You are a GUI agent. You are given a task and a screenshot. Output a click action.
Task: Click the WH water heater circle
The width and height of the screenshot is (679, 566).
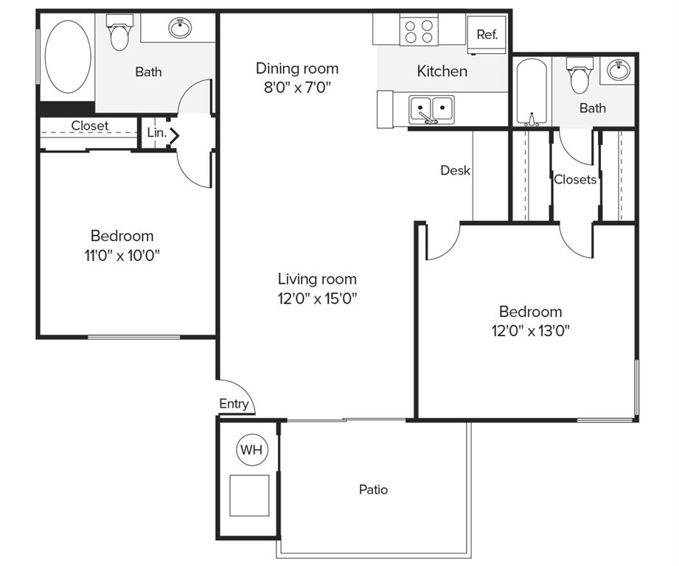[x=252, y=450]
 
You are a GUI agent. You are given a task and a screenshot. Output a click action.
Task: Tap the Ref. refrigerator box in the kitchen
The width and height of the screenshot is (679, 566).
[x=487, y=34]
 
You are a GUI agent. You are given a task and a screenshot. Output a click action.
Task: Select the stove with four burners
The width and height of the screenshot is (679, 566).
[x=419, y=30]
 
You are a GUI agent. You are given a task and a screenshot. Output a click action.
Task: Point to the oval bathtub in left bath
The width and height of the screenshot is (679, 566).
[x=68, y=57]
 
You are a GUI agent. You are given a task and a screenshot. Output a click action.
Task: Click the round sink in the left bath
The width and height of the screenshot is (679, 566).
[x=180, y=29]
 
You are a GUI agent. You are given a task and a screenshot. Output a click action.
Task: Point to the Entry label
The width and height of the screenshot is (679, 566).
[x=234, y=404]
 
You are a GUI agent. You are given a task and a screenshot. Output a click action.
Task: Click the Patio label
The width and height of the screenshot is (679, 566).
[x=373, y=489]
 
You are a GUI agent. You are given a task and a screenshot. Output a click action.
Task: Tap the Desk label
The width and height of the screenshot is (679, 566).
[x=455, y=170]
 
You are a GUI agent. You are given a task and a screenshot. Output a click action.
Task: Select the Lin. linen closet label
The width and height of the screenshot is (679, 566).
[x=156, y=133]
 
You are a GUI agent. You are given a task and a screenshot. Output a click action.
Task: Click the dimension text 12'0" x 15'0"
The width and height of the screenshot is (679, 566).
[x=317, y=298]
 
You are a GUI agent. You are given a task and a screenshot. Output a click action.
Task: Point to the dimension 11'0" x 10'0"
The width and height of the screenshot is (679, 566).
[x=122, y=255]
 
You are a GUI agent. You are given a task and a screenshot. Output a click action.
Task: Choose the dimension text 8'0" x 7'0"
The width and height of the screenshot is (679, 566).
[x=297, y=88]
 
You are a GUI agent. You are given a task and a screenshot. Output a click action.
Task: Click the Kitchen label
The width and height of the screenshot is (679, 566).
[x=442, y=71]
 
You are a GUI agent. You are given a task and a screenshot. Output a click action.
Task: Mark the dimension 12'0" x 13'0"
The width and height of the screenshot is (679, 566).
[x=530, y=330]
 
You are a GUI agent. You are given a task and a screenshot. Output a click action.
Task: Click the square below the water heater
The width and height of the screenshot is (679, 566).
[x=249, y=495]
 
